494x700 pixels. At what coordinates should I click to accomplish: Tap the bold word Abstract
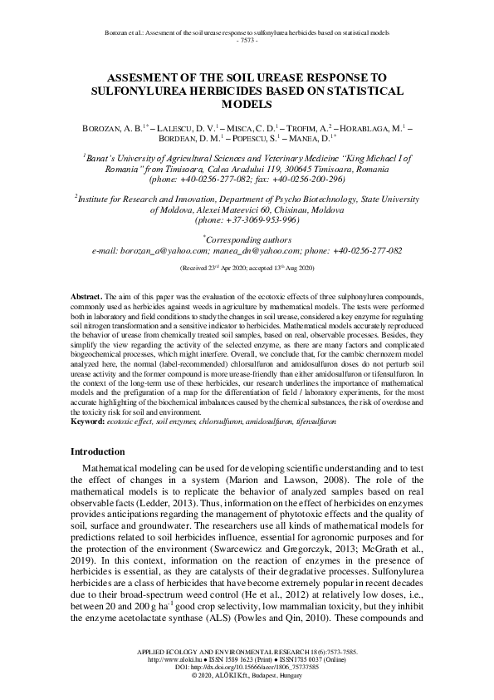click(86, 296)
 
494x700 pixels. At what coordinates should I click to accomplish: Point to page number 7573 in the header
click(247, 39)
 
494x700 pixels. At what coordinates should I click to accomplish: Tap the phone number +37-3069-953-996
click(247, 219)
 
